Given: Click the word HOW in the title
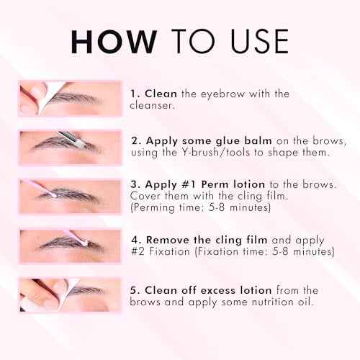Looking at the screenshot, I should tap(112, 42).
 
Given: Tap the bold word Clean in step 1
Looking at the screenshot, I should tap(161, 94).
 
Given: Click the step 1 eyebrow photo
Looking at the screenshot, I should tap(71, 99).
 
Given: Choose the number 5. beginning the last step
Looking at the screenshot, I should tap(135, 290).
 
